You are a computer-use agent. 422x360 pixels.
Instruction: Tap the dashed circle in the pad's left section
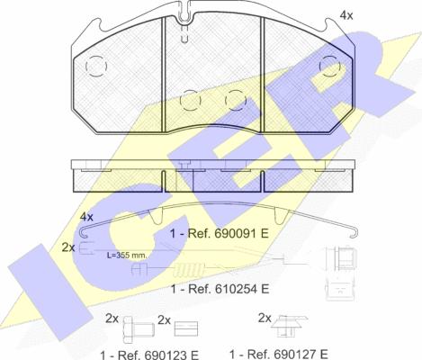pos(96,67)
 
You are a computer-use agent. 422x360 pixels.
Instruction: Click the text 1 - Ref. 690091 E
pos(221,234)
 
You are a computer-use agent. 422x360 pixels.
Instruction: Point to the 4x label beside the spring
pos(86,218)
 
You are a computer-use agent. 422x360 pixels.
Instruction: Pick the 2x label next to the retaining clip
pos(265,318)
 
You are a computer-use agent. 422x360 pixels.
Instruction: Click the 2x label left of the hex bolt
pos(112,319)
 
